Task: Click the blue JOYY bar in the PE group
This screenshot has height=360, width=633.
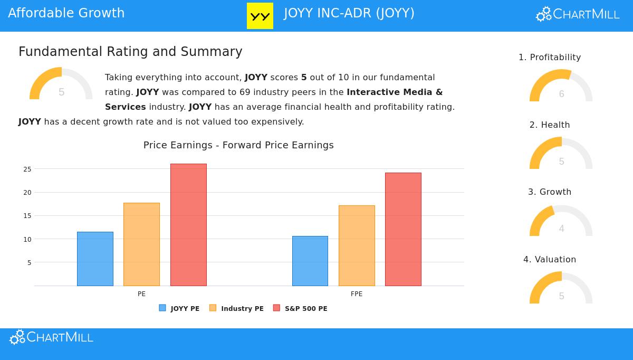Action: (95, 259)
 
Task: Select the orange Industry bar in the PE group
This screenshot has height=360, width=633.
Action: (141, 244)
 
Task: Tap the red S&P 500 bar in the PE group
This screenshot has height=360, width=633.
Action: (188, 225)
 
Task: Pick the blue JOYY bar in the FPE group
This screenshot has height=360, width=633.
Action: (310, 261)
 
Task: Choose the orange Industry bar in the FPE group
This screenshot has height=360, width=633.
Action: (357, 245)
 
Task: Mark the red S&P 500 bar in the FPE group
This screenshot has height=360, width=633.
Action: (403, 229)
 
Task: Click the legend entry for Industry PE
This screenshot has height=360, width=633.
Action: (237, 308)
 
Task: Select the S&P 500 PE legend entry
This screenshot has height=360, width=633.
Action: (301, 308)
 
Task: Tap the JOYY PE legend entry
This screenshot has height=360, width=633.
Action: (179, 308)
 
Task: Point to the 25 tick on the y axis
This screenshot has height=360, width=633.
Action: (27, 169)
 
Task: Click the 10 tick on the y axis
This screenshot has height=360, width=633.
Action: (27, 240)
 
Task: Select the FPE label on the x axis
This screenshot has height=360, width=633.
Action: (357, 294)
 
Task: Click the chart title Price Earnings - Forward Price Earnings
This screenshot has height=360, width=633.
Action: (238, 145)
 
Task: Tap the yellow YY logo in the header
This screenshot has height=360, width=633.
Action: (260, 16)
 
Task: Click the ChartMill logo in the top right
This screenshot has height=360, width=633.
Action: (578, 14)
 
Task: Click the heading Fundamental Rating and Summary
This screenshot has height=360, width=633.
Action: (130, 52)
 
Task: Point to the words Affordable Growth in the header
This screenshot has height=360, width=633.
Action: (66, 13)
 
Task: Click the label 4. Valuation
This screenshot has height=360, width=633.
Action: (550, 260)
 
